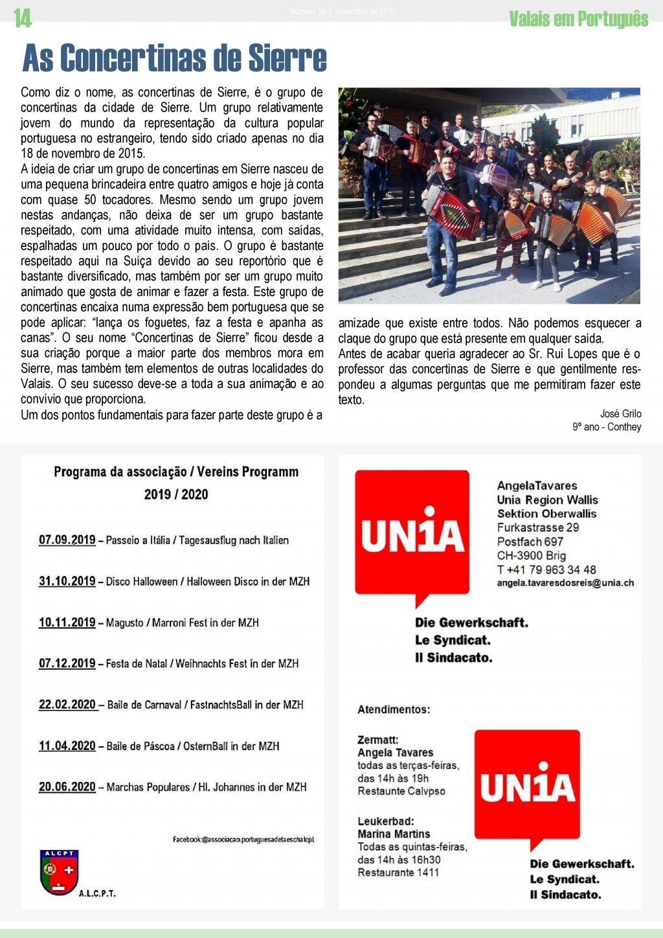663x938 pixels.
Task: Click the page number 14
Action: tap(23, 19)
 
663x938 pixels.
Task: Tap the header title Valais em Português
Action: tap(578, 19)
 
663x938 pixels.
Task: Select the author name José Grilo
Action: tap(620, 413)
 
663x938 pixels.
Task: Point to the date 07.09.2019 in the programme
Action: tap(67, 540)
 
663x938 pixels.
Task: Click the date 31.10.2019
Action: tap(67, 581)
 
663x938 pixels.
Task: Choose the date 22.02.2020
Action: tap(67, 704)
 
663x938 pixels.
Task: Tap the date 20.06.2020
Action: tap(67, 786)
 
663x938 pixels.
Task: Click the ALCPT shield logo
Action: tap(59, 871)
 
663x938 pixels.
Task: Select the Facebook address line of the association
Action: tap(243, 839)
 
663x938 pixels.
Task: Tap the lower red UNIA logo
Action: tap(528, 786)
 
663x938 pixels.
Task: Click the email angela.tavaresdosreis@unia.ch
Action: tap(565, 582)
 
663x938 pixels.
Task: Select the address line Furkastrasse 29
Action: tap(538, 527)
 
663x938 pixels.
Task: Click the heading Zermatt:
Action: tap(377, 739)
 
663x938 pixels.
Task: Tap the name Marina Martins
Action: tap(394, 834)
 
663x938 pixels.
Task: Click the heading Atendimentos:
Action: tap(393, 709)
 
